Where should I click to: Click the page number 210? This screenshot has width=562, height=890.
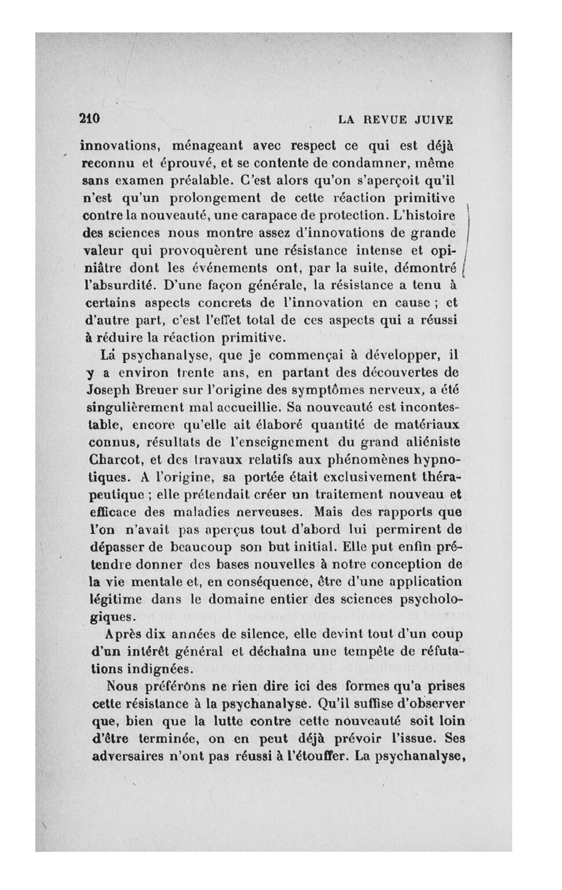pos(90,119)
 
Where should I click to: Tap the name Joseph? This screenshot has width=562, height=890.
pos(107,389)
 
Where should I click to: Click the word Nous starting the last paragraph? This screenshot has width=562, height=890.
pos(123,686)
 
